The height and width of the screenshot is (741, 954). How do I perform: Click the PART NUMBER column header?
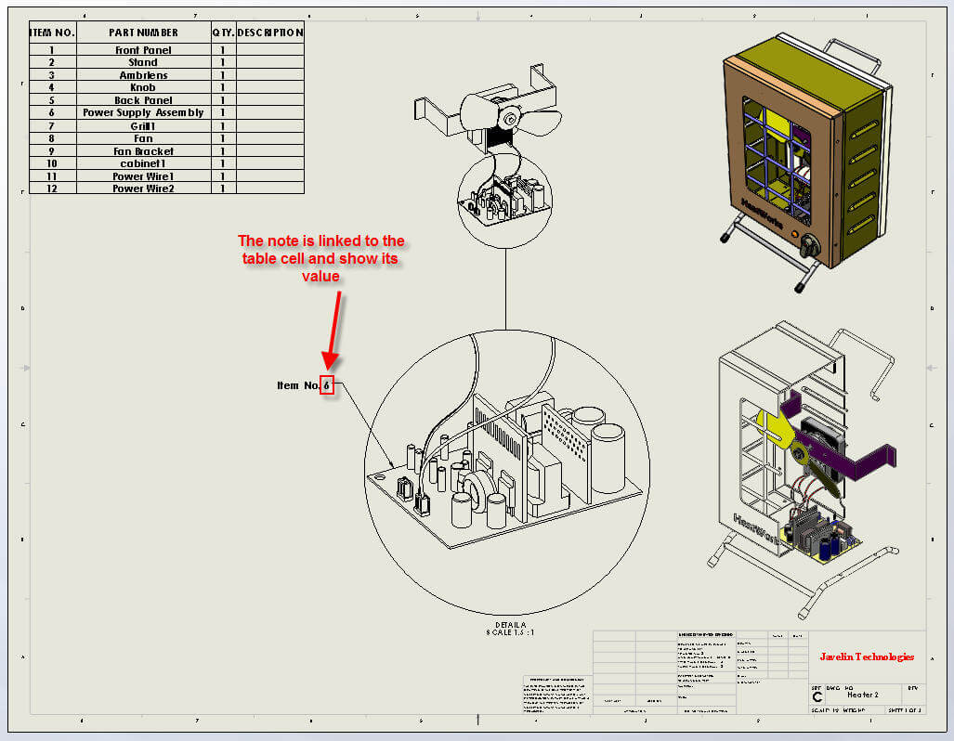coord(143,32)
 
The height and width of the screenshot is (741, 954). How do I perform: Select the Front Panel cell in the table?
coord(143,50)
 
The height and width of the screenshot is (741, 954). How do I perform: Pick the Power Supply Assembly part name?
coord(143,112)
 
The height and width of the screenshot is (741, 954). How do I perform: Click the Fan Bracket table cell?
coord(143,150)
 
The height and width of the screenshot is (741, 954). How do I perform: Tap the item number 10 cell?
coord(52,163)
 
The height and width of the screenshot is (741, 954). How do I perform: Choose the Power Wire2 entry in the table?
coord(143,188)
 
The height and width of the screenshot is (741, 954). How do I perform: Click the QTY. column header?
coord(223,32)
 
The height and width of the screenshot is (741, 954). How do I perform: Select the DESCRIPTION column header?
coord(269,32)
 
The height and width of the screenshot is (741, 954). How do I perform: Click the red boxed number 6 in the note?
coord(326,385)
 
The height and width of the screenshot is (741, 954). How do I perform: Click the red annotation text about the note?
coord(320,258)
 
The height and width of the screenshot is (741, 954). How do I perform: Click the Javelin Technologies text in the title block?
coord(866,656)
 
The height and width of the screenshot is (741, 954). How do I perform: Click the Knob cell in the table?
coord(143,87)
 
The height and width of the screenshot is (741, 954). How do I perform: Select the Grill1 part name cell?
coord(143,125)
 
